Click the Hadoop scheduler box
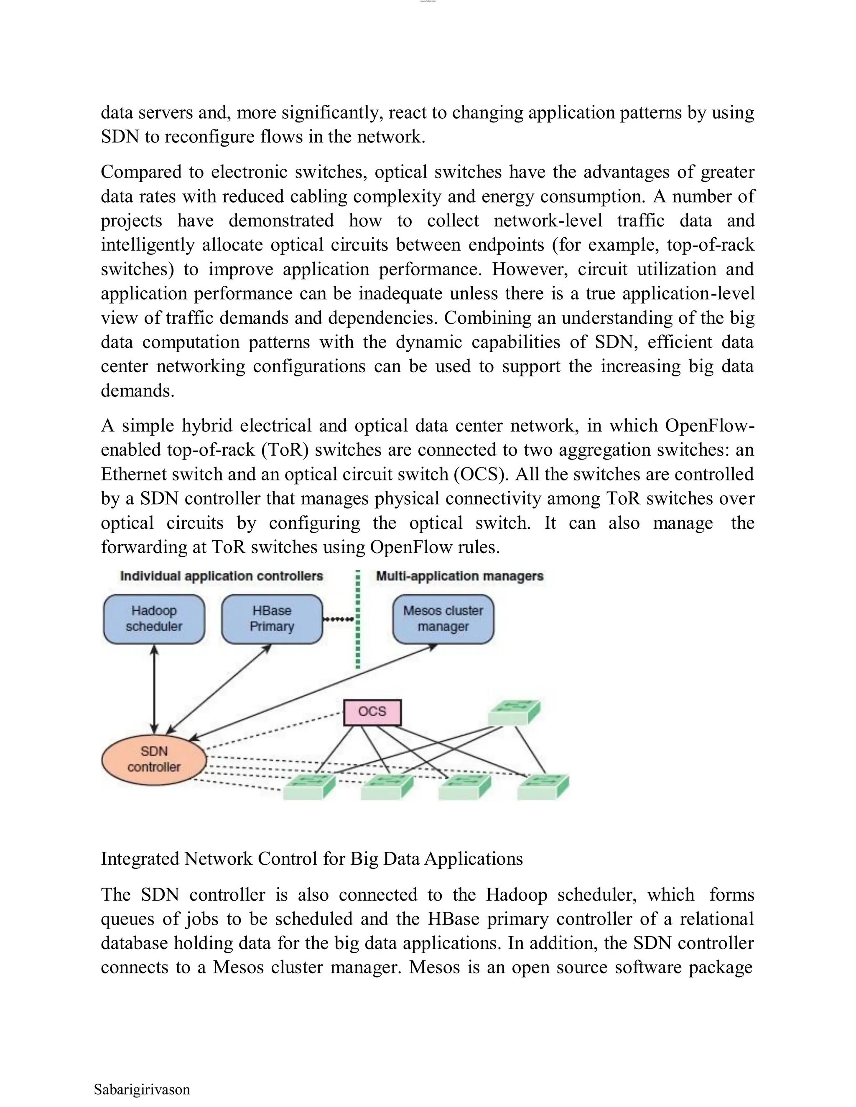pyautogui.click(x=154, y=619)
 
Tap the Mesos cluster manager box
pyautogui.click(x=443, y=619)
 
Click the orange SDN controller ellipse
pyautogui.click(x=154, y=759)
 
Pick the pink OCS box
pyautogui.click(x=372, y=712)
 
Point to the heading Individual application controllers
pyautogui.click(x=221, y=576)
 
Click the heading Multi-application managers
pyautogui.click(x=459, y=576)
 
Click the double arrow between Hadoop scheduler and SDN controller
pyautogui.click(x=155, y=689)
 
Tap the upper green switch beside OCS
pyautogui.click(x=514, y=712)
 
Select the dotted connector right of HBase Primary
pyautogui.click(x=338, y=620)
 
